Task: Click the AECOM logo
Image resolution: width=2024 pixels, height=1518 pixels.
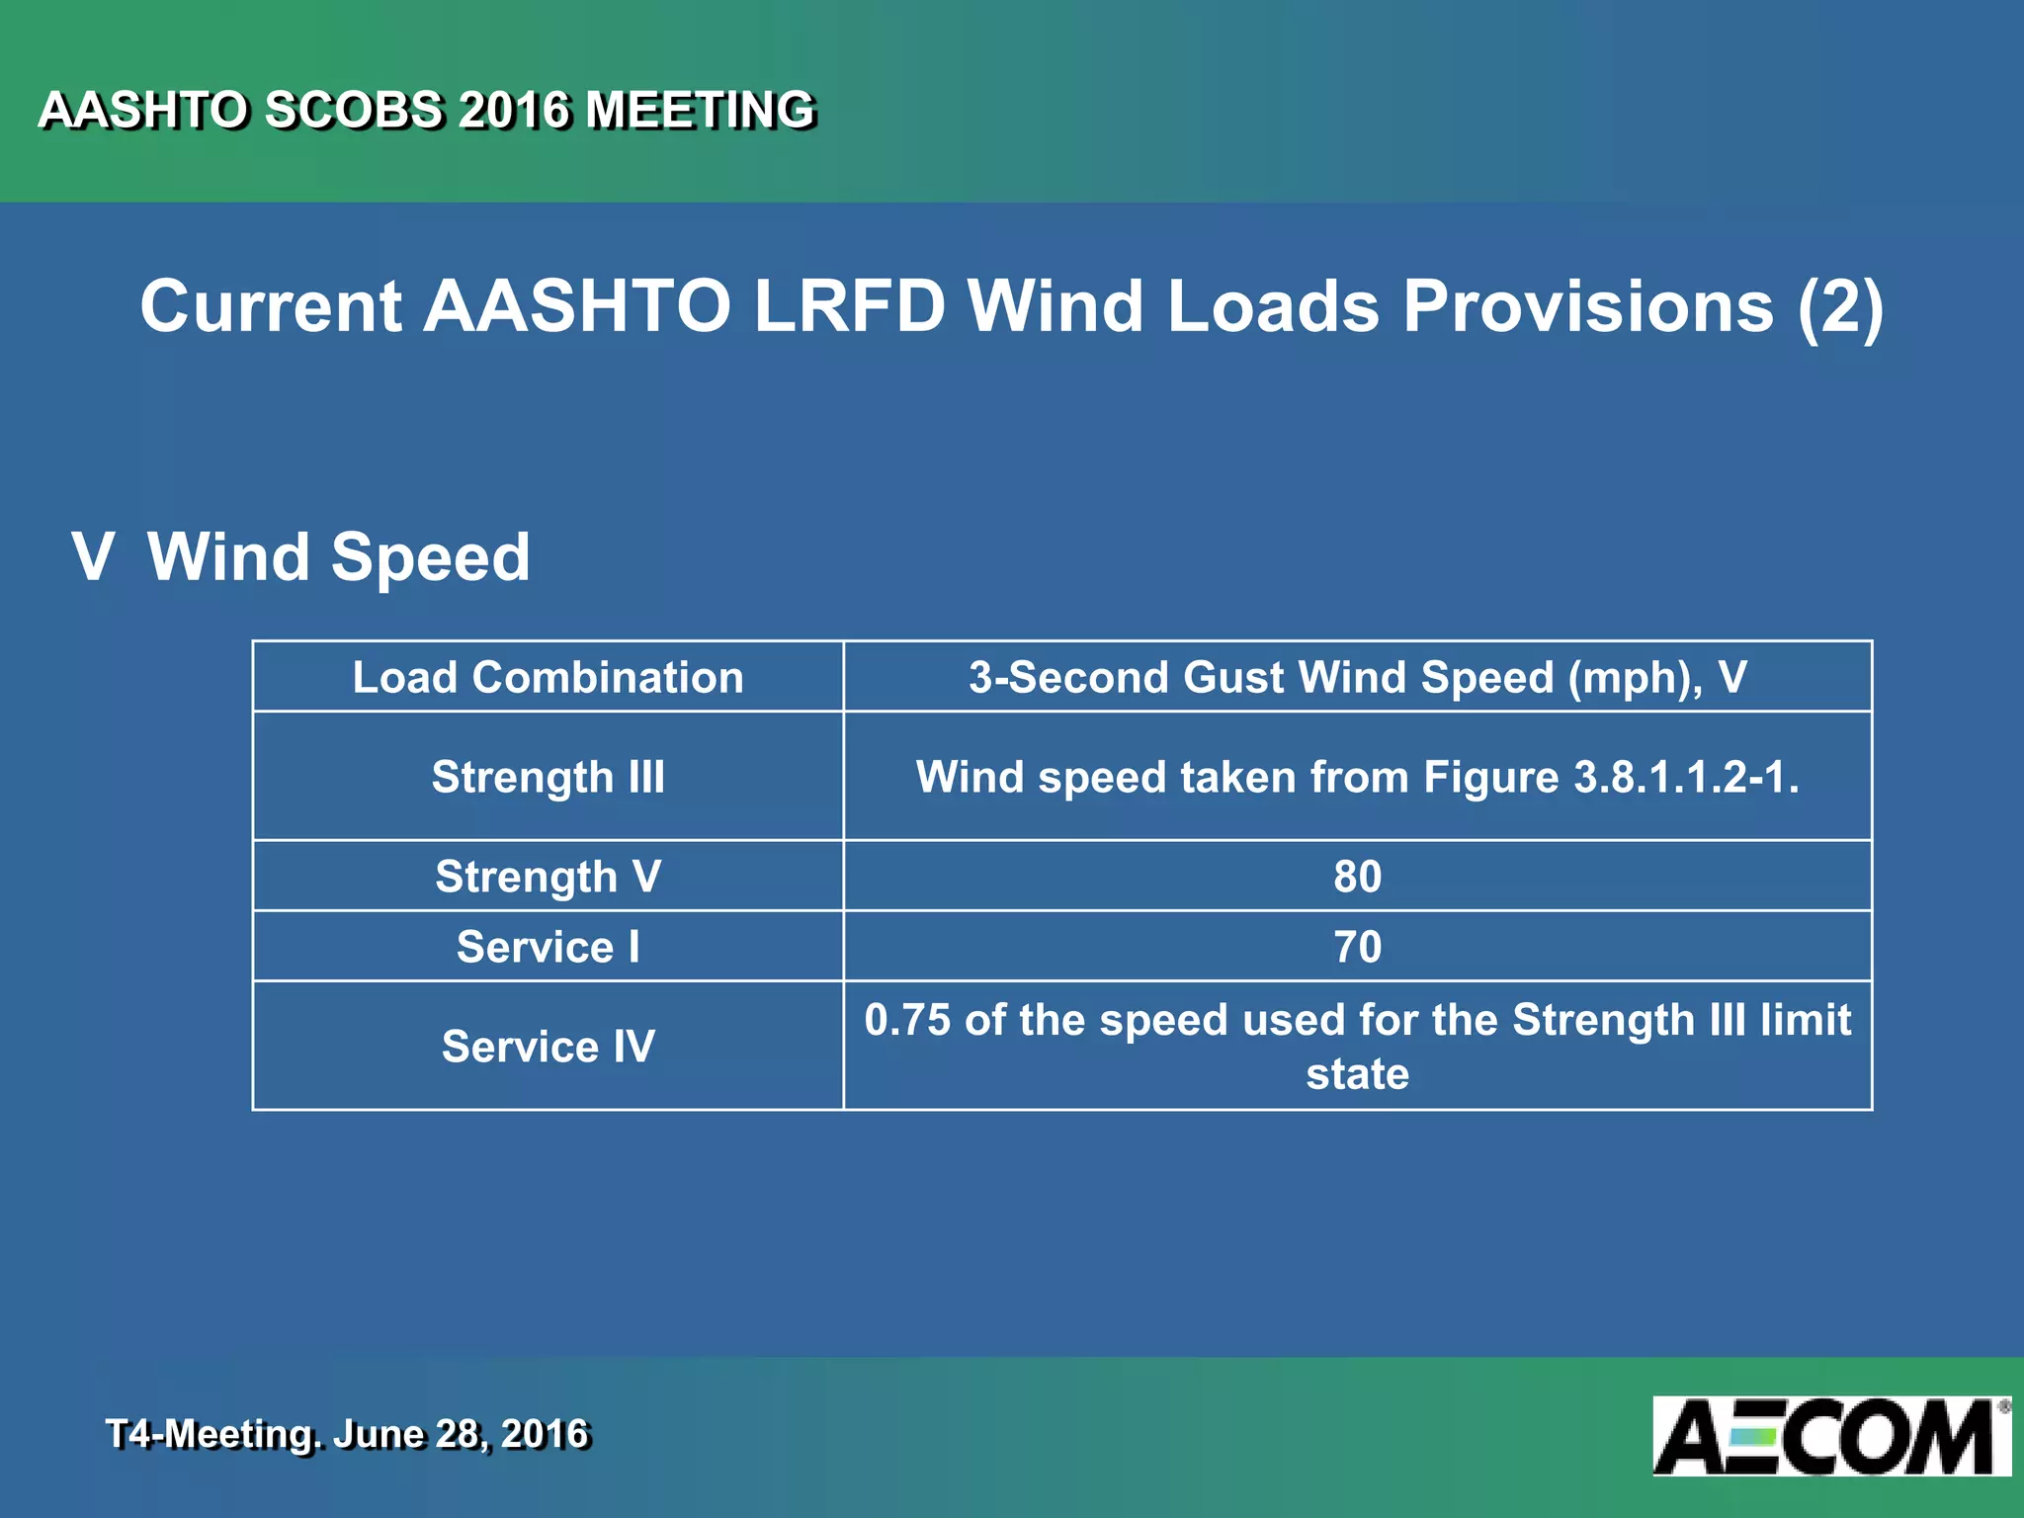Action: point(1830,1436)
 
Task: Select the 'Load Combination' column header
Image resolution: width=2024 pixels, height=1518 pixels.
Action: point(548,678)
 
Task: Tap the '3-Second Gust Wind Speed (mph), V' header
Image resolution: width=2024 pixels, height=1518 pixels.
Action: point(1357,678)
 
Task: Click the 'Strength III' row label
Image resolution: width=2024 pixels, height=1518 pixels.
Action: point(548,777)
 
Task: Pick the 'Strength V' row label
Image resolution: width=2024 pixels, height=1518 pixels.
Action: point(548,877)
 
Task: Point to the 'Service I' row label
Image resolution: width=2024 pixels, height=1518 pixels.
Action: point(548,947)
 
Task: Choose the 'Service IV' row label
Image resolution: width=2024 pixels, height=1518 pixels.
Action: point(548,1047)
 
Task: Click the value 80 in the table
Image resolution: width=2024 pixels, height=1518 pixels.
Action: point(1357,877)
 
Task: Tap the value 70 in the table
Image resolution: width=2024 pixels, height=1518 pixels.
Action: point(1357,947)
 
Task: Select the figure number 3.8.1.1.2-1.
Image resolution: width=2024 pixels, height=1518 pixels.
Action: point(1686,777)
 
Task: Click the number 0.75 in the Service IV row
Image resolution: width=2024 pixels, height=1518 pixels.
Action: point(907,1020)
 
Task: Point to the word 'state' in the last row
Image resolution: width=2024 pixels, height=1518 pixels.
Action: point(1357,1074)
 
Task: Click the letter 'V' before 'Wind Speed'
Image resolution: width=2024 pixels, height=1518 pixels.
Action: point(93,557)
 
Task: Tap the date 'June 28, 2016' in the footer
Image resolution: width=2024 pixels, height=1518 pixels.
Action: point(461,1434)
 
